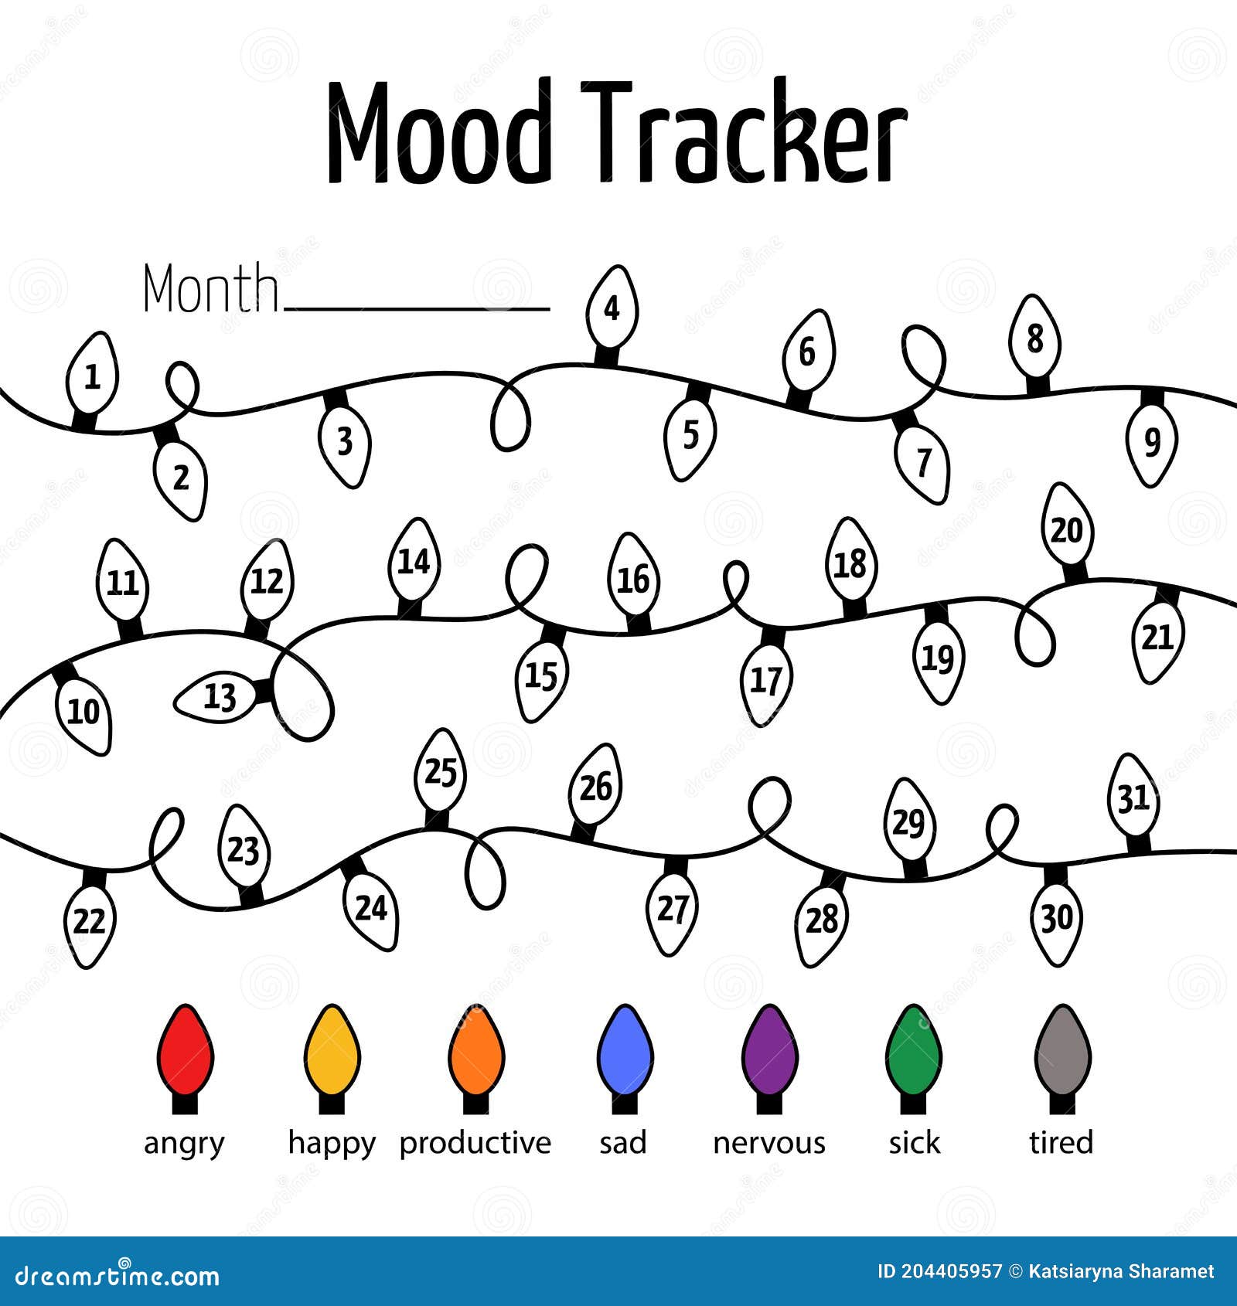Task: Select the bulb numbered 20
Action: (x=1068, y=533)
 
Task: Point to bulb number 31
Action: (x=1134, y=804)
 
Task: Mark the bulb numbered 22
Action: (x=90, y=917)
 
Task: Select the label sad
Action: (x=623, y=1143)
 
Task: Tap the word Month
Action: (x=210, y=287)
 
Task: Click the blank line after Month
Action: (x=417, y=309)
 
